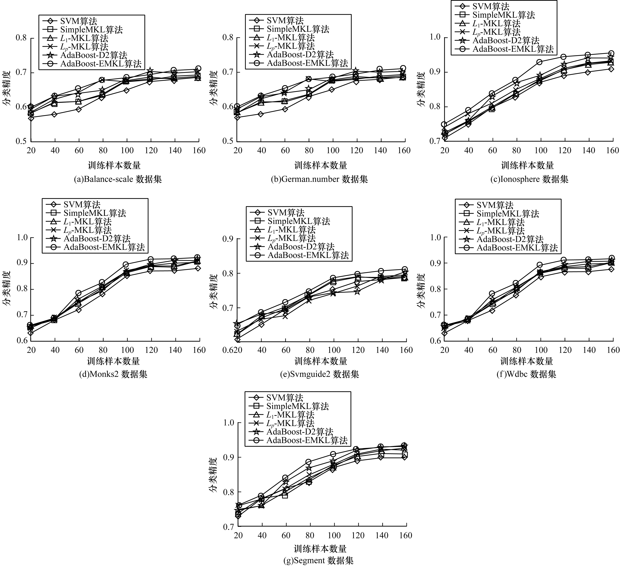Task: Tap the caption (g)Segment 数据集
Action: click(318, 560)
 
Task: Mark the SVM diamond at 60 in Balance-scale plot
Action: click(79, 109)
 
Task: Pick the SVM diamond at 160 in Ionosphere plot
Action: click(611, 69)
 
